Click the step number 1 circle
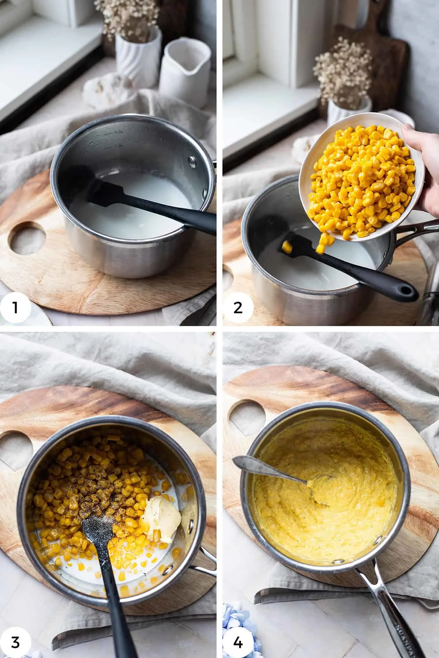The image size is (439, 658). click(x=15, y=307)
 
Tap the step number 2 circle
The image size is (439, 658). click(x=238, y=307)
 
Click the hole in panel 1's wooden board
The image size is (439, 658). click(x=27, y=239)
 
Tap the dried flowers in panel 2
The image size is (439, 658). click(x=342, y=73)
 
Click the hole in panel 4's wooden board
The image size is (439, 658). click(x=247, y=417)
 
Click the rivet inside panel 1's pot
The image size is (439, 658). click(x=192, y=160)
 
